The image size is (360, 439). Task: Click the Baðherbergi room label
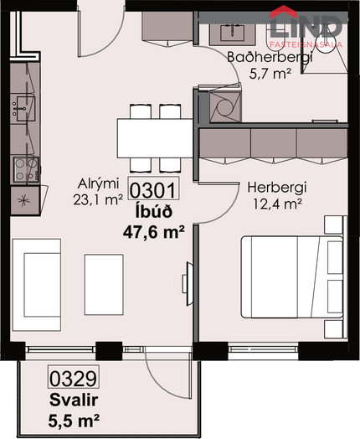pos(270,58)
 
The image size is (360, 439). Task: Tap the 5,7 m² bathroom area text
pos(270,75)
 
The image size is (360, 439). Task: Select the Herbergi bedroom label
pos(277,188)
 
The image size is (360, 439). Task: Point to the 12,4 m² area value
pos(277,204)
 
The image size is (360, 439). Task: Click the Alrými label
pos(99,183)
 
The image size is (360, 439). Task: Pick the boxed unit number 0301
pos(153,190)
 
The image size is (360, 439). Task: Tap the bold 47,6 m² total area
pos(153,232)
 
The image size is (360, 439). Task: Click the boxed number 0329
pos(74,378)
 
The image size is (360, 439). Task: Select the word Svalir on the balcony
pos(74,400)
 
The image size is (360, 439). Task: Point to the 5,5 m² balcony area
pos(74,421)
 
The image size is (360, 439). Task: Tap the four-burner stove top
pos(26,170)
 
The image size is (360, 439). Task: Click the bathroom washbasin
pos(233,34)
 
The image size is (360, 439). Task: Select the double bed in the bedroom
pos(292,277)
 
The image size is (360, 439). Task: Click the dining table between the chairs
pos(155,138)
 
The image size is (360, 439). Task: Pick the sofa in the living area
pos(37,285)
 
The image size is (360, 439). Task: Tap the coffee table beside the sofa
pos(104,285)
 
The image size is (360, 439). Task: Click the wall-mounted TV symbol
pos(188,284)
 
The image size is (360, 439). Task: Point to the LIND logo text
pos(306,27)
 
